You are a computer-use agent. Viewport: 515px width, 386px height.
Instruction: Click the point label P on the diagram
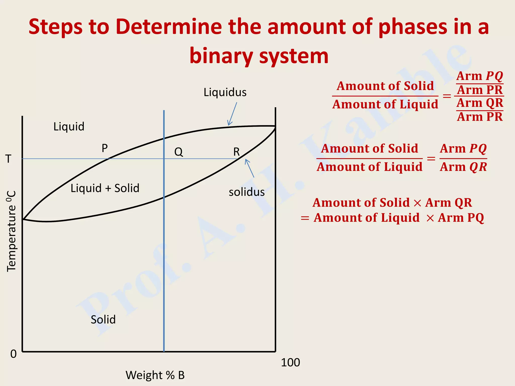tap(105, 148)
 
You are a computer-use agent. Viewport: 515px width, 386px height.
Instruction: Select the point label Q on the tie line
tap(179, 152)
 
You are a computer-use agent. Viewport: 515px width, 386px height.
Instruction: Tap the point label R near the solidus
tap(236, 152)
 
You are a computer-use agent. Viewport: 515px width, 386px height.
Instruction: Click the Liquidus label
tap(225, 92)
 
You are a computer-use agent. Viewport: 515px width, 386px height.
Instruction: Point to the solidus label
tap(246, 192)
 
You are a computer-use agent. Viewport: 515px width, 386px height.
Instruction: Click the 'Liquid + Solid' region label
tap(105, 188)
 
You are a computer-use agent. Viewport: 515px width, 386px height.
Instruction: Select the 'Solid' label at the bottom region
tap(103, 319)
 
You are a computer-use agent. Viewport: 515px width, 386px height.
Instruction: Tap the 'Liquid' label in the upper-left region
tap(69, 126)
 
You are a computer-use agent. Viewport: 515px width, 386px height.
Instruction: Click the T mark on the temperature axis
tap(9, 159)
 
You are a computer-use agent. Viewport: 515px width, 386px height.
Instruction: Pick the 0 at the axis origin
tap(13, 354)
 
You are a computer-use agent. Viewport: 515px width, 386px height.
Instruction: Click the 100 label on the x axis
tap(290, 363)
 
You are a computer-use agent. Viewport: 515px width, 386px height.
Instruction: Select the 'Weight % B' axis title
tap(155, 375)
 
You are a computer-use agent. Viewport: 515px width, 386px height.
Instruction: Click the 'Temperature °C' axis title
tap(12, 231)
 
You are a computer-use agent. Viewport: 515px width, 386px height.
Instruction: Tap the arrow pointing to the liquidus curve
tap(232, 114)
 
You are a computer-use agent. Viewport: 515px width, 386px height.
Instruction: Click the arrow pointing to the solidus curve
tap(249, 168)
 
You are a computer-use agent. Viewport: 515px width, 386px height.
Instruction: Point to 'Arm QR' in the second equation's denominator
tap(463, 167)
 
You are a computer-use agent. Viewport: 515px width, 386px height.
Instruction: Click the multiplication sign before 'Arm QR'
tap(417, 203)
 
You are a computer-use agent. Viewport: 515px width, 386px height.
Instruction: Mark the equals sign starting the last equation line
tap(305, 218)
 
